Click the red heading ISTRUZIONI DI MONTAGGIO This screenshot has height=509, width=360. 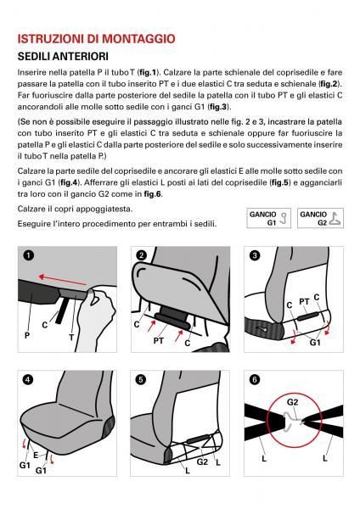coord(96,39)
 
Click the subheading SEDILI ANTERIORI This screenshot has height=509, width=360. coord(63,57)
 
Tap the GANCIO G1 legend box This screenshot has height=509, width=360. coord(268,218)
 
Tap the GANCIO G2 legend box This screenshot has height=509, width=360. coord(320,218)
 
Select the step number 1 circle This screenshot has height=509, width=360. coord(28,255)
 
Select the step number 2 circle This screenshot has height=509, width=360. coord(141,255)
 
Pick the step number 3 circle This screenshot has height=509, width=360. coord(255,255)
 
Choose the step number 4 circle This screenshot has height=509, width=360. coord(28,379)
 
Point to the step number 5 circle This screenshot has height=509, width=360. coord(141,379)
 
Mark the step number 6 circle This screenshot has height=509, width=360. coord(255,379)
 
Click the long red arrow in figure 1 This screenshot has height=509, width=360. coord(62,280)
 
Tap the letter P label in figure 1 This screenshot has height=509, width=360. coord(27,335)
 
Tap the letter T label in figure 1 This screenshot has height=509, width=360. coord(71,338)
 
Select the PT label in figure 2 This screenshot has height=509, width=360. coord(158,341)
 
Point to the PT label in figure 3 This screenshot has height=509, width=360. coord(304,302)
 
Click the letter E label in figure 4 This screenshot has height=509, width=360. coord(36,456)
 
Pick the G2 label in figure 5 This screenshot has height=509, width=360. coord(202,461)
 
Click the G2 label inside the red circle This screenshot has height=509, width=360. coord(292,402)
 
